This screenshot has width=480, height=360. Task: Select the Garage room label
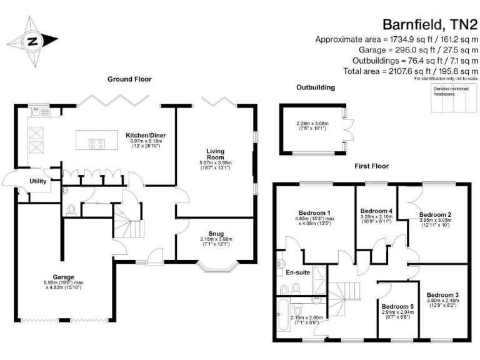point(63,277)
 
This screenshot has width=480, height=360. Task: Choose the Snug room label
point(215,232)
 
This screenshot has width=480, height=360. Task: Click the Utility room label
point(39,181)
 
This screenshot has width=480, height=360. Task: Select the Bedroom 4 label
point(377,211)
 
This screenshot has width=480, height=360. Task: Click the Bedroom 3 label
point(442,294)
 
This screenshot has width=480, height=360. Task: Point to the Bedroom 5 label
point(397,306)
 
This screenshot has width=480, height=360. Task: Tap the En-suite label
point(299,272)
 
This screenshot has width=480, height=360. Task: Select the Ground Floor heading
point(129,79)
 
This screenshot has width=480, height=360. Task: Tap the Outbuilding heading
point(315,87)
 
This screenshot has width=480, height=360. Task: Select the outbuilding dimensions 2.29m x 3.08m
point(312,123)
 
